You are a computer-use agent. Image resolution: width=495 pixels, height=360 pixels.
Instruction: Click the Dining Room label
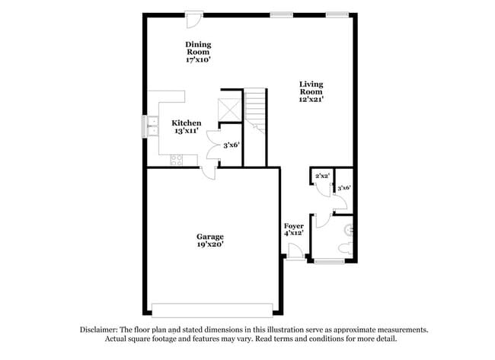tap(198, 52)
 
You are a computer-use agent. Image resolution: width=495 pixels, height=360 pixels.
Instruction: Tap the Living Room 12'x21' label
tap(311, 91)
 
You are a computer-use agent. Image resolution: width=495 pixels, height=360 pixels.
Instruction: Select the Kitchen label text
tap(187, 126)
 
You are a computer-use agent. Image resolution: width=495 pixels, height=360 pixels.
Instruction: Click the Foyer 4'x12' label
tap(294, 229)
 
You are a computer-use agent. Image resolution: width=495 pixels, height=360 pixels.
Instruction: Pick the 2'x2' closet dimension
tap(321, 177)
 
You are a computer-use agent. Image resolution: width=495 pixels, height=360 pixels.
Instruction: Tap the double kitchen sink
tap(152, 126)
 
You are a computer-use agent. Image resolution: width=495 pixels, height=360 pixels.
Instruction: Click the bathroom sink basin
tap(350, 227)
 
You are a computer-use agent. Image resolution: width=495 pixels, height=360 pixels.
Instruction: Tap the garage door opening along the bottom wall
tap(212, 310)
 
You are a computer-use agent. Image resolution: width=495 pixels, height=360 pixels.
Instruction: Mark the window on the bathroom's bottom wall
tap(329, 262)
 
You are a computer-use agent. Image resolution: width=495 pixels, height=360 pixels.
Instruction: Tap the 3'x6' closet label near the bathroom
tap(343, 187)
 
